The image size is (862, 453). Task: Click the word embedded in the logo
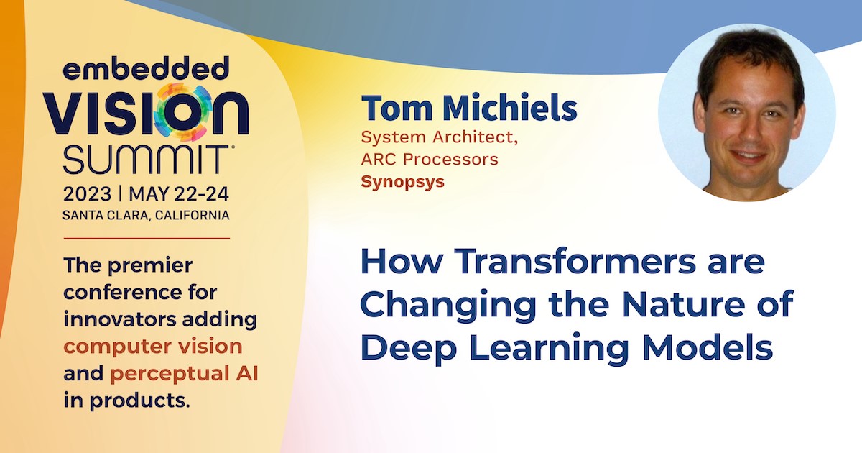tap(147, 68)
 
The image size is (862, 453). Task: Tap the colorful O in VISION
tap(182, 112)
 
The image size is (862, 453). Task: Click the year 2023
tap(88, 193)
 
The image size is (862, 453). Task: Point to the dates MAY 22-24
tap(179, 193)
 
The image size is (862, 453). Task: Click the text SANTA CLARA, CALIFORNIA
tap(147, 215)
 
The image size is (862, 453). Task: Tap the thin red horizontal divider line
tap(147, 239)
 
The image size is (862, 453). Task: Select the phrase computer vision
tap(153, 347)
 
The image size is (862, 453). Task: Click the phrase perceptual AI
tap(184, 374)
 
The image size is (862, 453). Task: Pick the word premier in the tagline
tap(150, 266)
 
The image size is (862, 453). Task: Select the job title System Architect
tap(440, 138)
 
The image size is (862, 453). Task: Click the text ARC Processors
tap(430, 159)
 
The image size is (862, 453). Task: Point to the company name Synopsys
tap(402, 182)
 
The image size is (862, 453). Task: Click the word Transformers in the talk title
tap(578, 262)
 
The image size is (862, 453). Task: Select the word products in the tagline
tap(139, 401)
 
